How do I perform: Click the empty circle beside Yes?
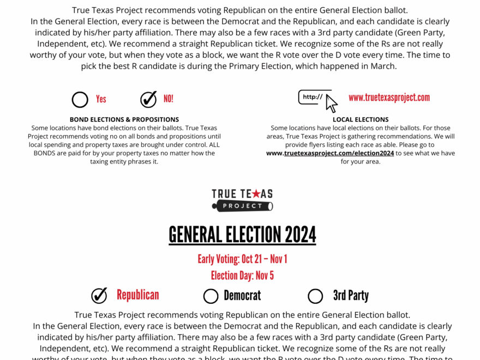coord(80,99)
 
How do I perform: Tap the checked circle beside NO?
coord(148,99)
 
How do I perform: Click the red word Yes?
coord(101,99)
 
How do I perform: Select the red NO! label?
coord(169,99)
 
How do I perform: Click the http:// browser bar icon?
coord(314,97)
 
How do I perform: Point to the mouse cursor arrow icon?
coord(331,103)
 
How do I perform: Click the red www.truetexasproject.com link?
coord(389,98)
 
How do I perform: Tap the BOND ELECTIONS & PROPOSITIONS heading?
coord(124,119)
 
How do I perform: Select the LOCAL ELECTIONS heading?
coord(361,119)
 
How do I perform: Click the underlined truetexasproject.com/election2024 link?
coord(339,153)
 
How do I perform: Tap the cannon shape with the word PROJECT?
coord(243,206)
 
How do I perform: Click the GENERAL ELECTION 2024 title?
coord(243,235)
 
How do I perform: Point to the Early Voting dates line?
coord(243,259)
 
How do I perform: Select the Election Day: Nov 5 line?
coord(243,275)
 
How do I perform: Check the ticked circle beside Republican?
coord(99,296)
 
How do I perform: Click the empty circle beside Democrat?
coord(211,296)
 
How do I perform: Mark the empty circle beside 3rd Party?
coord(315,296)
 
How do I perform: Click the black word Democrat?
coord(242,296)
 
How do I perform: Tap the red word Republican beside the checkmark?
coord(138,295)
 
